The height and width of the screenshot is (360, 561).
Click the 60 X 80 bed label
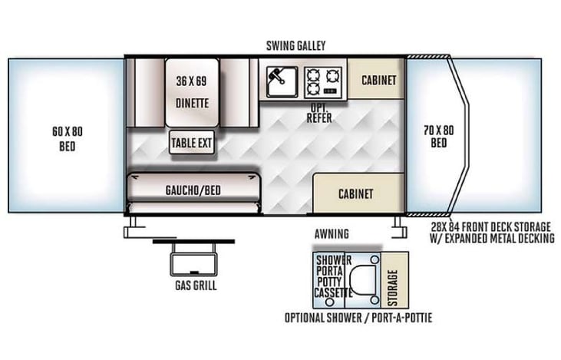(x=67, y=138)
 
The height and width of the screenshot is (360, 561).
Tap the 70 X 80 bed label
(x=438, y=137)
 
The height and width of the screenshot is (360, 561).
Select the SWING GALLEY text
(x=295, y=45)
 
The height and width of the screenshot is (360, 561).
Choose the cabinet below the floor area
(x=355, y=193)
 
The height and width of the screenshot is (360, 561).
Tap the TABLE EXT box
(x=192, y=143)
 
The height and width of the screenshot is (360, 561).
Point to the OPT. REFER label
(x=318, y=114)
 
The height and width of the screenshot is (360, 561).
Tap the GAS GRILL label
(x=195, y=286)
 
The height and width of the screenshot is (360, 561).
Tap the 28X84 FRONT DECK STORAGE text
(x=492, y=226)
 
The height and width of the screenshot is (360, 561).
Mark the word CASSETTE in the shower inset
(x=333, y=292)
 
